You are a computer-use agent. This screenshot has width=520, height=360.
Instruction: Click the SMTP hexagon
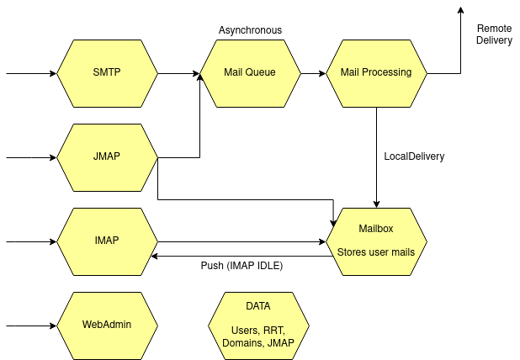tap(107, 73)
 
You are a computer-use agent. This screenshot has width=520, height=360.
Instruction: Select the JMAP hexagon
tap(107, 157)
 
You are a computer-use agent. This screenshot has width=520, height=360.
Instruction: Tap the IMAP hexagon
tap(107, 241)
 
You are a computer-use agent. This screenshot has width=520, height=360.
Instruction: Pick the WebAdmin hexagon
tap(107, 325)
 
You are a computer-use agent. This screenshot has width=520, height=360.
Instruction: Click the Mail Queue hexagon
tap(250, 73)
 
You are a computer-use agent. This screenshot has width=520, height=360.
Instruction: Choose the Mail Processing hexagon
tap(375, 73)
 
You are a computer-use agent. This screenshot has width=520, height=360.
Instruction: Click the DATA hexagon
tap(258, 325)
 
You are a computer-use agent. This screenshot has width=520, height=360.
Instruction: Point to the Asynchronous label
tap(250, 30)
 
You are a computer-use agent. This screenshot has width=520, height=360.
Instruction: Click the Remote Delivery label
tap(494, 34)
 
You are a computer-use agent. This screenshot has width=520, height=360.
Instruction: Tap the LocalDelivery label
tap(414, 156)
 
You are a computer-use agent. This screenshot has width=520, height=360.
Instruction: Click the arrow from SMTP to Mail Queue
tap(178, 73)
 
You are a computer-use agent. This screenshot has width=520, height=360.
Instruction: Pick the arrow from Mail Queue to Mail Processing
tap(313, 73)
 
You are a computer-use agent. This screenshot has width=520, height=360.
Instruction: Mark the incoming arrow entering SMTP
tap(31, 73)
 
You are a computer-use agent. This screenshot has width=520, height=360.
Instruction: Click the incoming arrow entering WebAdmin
tap(31, 325)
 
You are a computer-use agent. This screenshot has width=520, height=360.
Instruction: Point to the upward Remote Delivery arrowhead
tap(460, 10)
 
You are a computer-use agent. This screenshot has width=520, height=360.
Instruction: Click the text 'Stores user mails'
tap(376, 251)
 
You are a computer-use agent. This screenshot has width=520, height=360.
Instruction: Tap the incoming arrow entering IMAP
tap(31, 241)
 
